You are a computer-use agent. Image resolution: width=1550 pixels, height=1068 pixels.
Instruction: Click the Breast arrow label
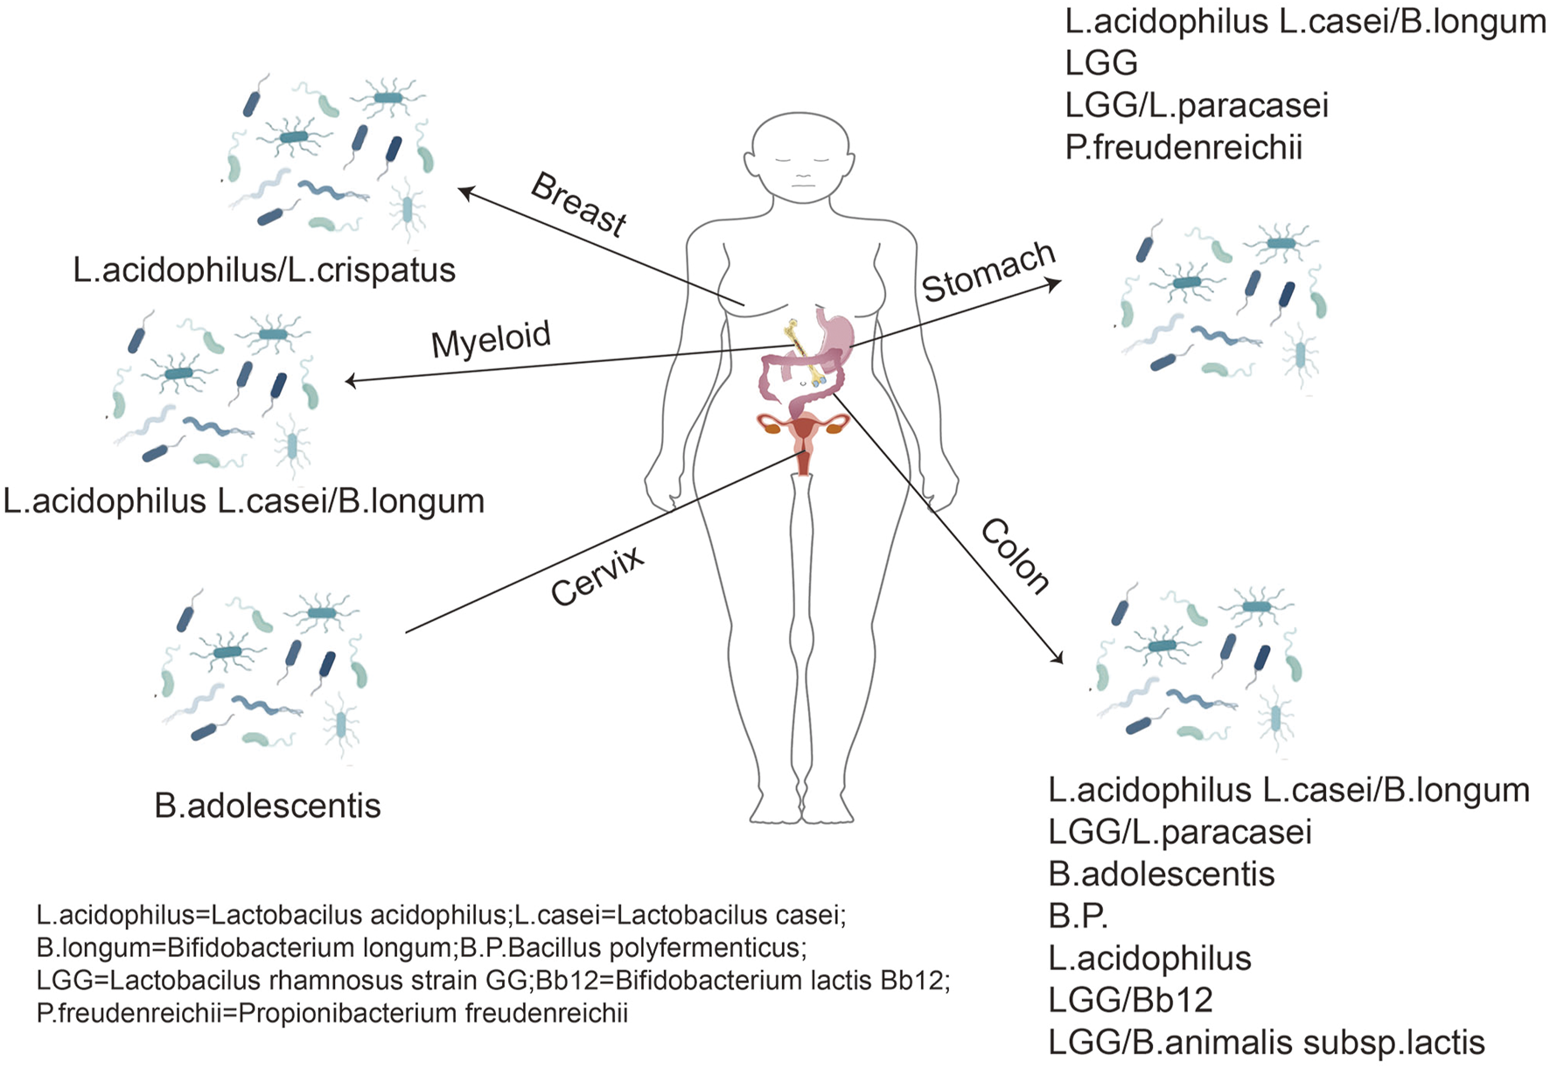579,204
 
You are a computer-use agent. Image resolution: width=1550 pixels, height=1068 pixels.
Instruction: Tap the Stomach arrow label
988,271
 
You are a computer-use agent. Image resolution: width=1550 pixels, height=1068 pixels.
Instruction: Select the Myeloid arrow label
491,339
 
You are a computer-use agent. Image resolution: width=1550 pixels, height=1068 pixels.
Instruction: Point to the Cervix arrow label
597,576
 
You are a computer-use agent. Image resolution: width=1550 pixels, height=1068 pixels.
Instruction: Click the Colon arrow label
1015,556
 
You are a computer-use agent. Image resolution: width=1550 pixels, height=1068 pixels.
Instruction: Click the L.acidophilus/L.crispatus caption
264,270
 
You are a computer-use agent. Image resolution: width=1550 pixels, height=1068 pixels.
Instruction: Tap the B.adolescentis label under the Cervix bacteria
267,806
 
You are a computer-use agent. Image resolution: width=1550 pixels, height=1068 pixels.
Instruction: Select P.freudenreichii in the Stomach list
1183,148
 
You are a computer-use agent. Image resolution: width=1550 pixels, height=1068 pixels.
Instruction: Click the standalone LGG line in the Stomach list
1101,63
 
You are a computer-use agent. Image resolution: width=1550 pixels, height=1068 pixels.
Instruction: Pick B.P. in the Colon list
1078,916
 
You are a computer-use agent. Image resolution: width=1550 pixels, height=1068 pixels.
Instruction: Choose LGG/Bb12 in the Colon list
1130,1000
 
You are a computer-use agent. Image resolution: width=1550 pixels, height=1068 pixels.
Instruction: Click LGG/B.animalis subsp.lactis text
1266,1043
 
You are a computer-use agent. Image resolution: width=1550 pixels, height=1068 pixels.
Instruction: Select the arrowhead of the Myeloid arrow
350,381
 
